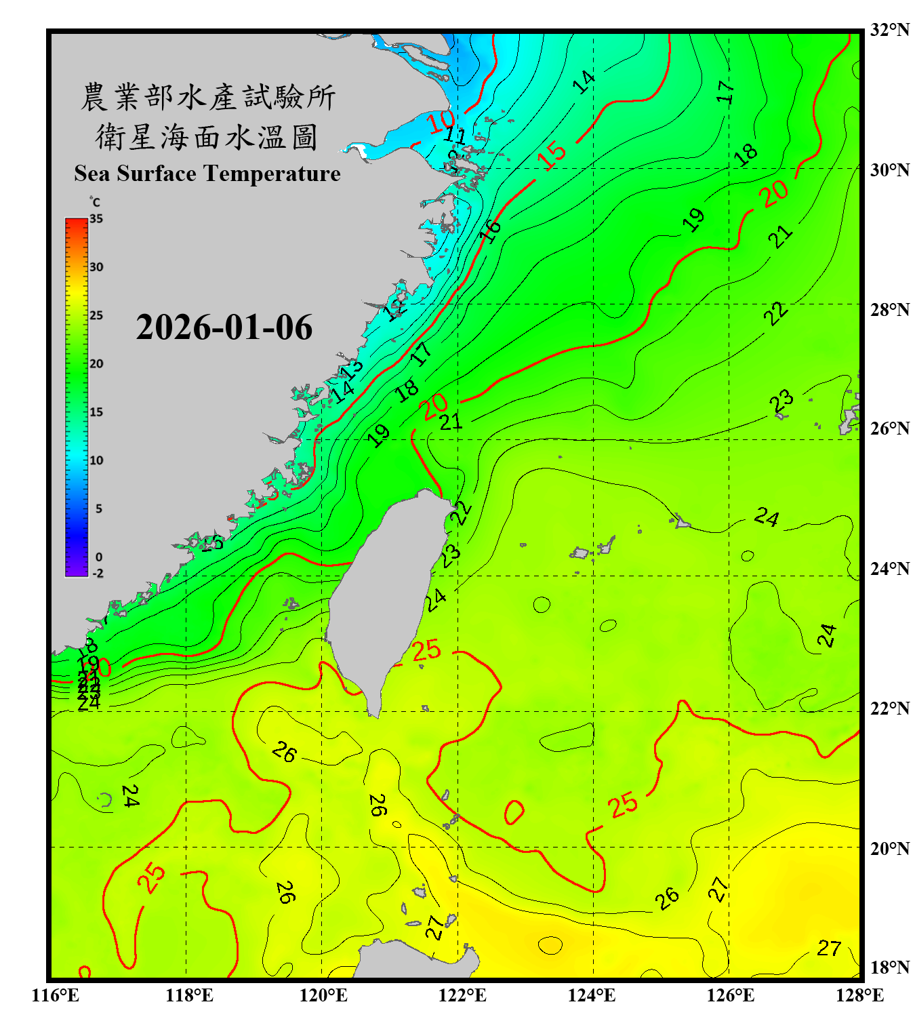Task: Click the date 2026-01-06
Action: (224, 327)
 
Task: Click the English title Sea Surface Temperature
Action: (207, 174)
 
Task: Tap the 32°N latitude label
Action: (889, 30)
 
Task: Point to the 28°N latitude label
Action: (889, 310)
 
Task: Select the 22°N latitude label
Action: (889, 709)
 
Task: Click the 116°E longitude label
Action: (55, 995)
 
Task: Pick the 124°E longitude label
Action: (592, 995)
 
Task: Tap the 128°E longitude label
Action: (859, 995)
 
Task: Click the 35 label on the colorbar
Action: (96, 219)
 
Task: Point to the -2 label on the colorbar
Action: (98, 574)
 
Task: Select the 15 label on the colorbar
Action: (96, 412)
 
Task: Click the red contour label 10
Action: (441, 122)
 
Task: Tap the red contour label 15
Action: (552, 155)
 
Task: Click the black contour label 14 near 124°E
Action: (584, 82)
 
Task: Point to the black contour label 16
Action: (490, 231)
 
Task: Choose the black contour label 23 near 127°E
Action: (781, 401)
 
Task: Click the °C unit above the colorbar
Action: (95, 202)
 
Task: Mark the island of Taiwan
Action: (386, 597)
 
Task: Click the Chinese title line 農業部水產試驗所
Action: (207, 97)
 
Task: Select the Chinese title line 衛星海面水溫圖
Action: (207, 137)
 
